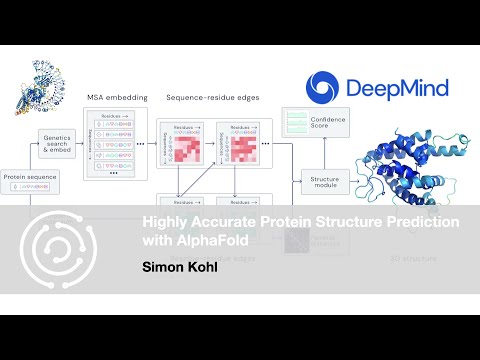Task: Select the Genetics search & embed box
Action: pyautogui.click(x=57, y=143)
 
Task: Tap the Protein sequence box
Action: pyautogui.click(x=30, y=181)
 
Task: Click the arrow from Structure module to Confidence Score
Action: pyautogui.click(x=307, y=155)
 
